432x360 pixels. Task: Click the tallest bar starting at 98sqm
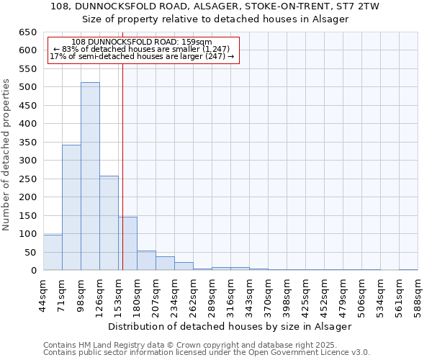[90, 176]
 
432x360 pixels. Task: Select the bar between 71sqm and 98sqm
[71, 207]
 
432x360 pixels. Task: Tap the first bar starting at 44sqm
[53, 252]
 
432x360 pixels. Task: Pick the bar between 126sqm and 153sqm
[109, 223]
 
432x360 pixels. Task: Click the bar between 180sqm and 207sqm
[146, 261]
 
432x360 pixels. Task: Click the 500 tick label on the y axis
[27, 87]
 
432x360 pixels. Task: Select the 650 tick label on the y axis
[27, 32]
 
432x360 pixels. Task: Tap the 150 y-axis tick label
[27, 215]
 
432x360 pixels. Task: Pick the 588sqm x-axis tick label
[418, 294]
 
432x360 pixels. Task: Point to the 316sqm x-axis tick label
[230, 294]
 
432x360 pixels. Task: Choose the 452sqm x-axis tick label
[324, 294]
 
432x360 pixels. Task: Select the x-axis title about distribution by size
[230, 326]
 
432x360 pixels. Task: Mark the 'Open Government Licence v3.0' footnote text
[315, 352]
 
